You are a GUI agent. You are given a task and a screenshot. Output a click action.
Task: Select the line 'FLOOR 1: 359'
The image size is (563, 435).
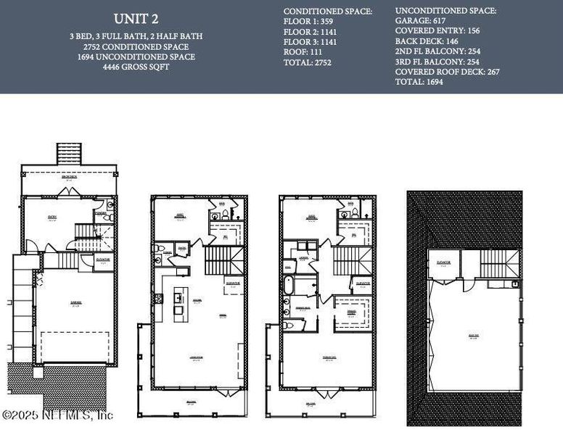click(x=309, y=22)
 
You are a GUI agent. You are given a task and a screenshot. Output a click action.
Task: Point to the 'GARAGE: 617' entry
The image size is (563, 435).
click(x=420, y=21)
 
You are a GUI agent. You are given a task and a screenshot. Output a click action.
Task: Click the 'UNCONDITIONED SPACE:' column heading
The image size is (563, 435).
click(x=445, y=11)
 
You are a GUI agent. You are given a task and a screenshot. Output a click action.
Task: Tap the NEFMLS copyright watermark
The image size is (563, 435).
click(x=58, y=415)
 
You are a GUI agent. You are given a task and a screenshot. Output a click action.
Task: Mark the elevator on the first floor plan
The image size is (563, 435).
click(x=104, y=261)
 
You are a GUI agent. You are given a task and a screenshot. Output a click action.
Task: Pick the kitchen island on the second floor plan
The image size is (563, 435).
click(x=178, y=304)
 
